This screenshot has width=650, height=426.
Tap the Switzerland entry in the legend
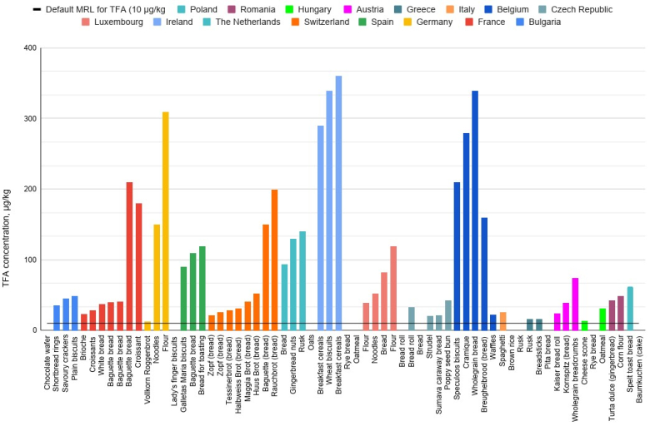[x=318, y=22]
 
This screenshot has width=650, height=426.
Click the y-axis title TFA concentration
[x=9, y=189]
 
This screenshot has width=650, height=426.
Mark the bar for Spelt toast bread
[x=631, y=308]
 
